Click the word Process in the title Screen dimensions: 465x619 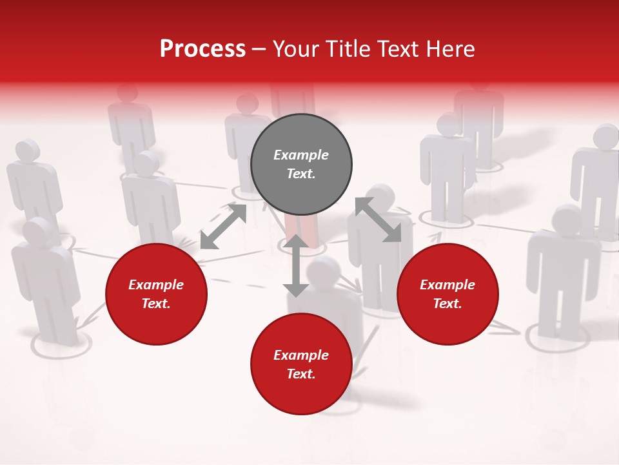pyautogui.click(x=202, y=49)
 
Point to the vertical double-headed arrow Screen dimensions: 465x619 pyautogui.click(x=296, y=266)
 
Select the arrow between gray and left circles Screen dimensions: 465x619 pyautogui.click(x=223, y=226)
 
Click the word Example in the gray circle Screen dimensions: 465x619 pyautogui.click(x=301, y=155)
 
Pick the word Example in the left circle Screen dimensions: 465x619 pyautogui.click(x=156, y=285)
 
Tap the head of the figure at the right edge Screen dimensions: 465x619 pyautogui.click(x=606, y=136)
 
